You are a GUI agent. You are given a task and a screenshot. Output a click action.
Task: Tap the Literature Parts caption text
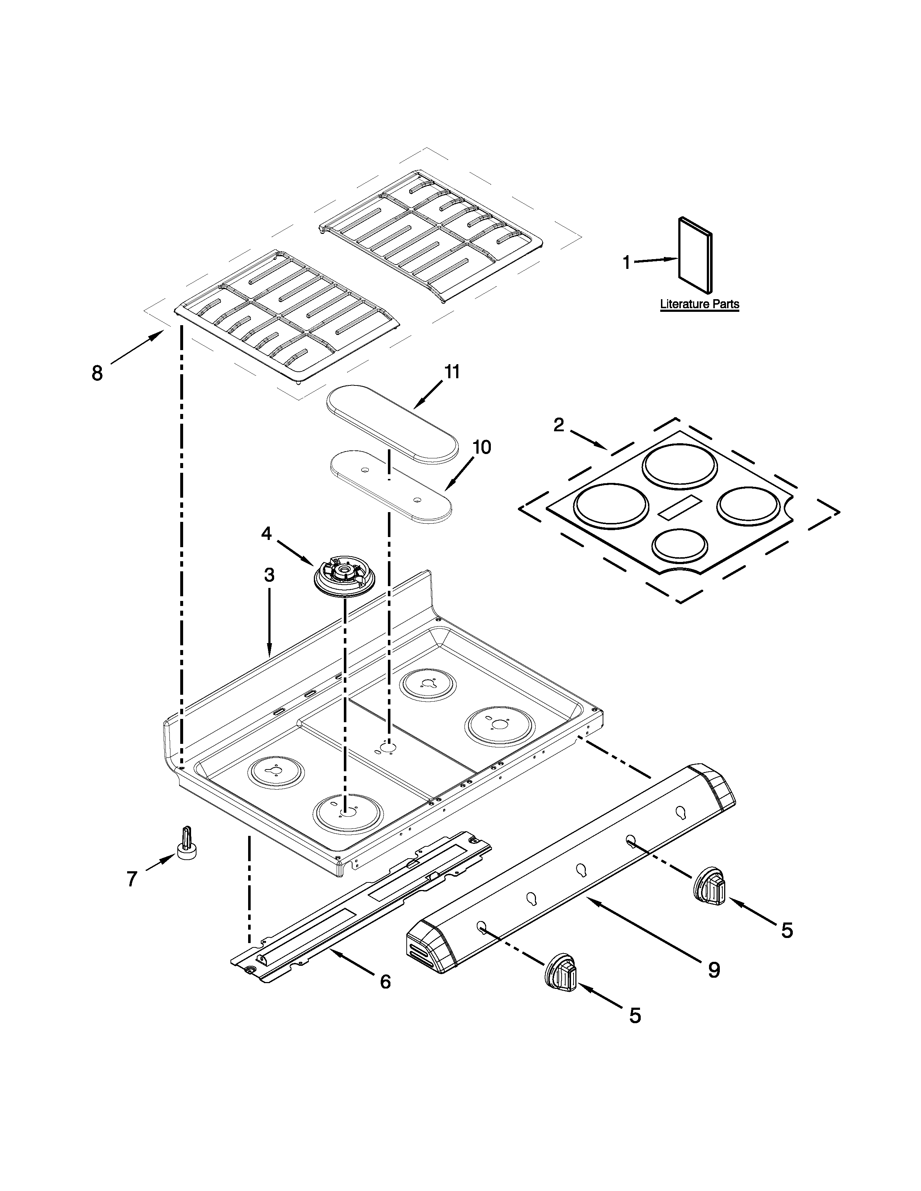tap(700, 304)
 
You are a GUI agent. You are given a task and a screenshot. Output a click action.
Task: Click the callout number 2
tap(558, 425)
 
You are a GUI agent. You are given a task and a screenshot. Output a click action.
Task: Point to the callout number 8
tap(97, 374)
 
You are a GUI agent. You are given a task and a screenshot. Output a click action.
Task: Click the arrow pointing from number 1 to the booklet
tap(655, 261)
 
